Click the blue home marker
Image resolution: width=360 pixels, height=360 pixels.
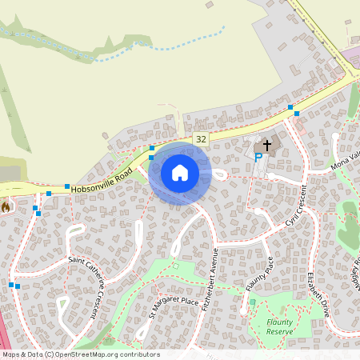(180, 172)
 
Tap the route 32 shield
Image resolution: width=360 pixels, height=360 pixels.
(200, 139)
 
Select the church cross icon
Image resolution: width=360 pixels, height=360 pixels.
(266, 146)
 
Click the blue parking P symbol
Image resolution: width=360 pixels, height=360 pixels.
(257, 158)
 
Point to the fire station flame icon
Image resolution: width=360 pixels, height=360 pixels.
(6, 207)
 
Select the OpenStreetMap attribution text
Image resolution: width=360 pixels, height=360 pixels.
(81, 354)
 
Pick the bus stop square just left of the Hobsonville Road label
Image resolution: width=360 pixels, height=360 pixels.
(67, 186)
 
